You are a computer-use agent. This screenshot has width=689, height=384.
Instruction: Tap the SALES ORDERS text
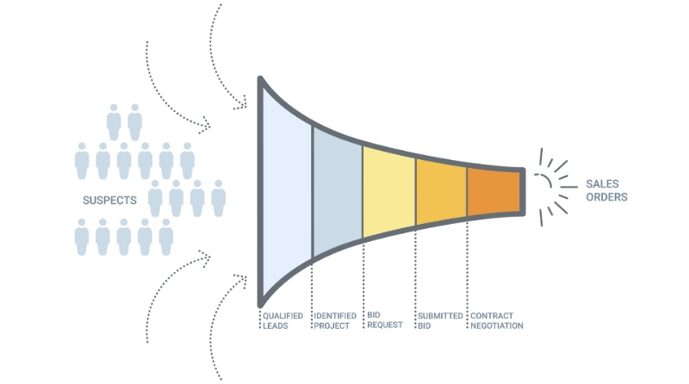[x=606, y=190]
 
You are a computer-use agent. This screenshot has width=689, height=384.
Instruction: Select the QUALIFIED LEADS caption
[x=282, y=320]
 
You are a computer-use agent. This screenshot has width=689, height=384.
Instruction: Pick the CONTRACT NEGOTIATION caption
[x=496, y=320]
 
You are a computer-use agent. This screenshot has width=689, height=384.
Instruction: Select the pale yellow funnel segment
[x=388, y=190]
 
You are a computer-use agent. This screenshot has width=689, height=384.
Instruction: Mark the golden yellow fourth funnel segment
[x=441, y=189]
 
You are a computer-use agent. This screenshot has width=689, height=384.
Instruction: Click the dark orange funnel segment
[x=493, y=189]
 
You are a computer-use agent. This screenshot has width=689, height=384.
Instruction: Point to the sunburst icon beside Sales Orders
[x=551, y=186]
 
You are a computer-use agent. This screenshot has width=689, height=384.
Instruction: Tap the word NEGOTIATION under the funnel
[x=496, y=325]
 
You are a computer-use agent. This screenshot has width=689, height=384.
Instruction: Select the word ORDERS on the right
[x=606, y=197]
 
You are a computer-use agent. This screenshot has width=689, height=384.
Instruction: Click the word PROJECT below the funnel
[x=332, y=325]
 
